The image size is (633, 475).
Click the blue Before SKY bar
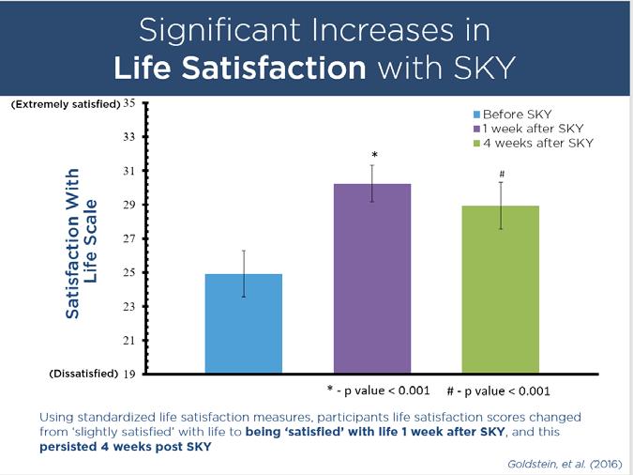pyautogui.click(x=243, y=324)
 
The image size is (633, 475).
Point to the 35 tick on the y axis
pyautogui.click(x=130, y=102)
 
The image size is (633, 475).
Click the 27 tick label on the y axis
pyautogui.click(x=130, y=238)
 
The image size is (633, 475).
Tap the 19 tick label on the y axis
pyautogui.click(x=130, y=374)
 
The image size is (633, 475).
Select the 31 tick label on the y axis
pyautogui.click(x=130, y=171)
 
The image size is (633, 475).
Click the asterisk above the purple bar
pyautogui.click(x=372, y=154)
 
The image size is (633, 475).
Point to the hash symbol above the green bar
pyautogui.click(x=502, y=175)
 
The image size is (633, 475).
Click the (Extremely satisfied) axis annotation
pyautogui.click(x=66, y=103)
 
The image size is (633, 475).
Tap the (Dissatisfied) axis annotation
pyautogui.click(x=83, y=374)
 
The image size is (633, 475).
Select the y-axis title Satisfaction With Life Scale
pyautogui.click(x=83, y=243)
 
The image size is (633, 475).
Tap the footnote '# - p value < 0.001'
pyautogui.click(x=497, y=391)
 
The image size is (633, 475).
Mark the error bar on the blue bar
pyautogui.click(x=244, y=273)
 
